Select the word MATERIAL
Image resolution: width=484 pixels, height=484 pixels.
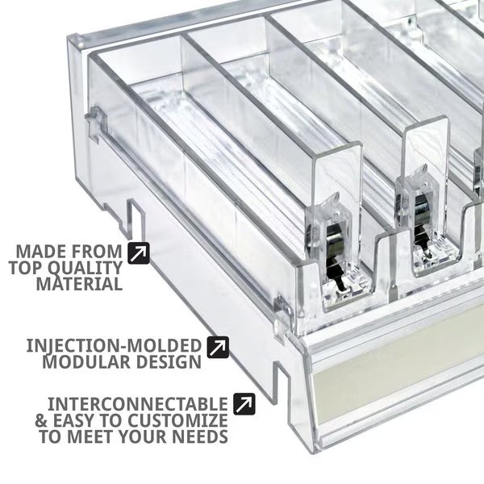point(79,284)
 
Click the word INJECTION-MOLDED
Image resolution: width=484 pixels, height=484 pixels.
point(114,346)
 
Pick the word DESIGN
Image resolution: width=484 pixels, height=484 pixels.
point(169,361)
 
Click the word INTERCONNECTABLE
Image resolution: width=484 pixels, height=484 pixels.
point(138,404)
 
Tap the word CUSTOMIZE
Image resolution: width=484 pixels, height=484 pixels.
point(177,420)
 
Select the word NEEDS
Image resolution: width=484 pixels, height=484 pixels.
point(200,436)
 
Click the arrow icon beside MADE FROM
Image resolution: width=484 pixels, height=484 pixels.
point(139,252)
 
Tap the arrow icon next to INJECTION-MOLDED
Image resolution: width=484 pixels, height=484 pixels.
point(218,347)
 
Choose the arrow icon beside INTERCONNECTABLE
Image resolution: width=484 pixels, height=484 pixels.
point(244,404)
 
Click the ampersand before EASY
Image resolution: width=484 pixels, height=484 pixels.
point(41,420)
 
